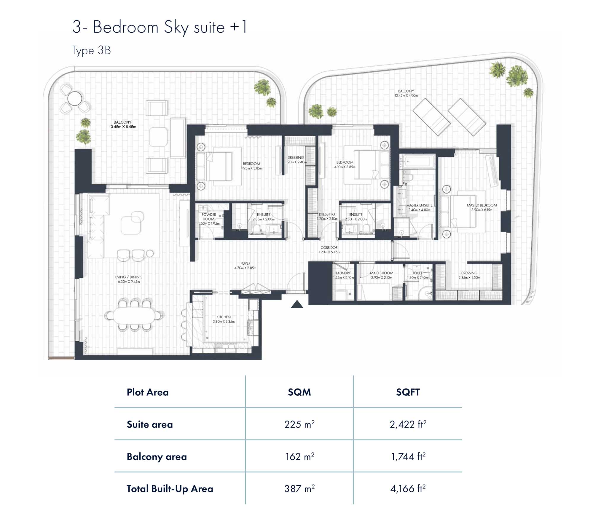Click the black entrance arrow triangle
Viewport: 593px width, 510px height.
[x=297, y=305]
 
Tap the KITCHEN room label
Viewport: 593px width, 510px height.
[x=224, y=317]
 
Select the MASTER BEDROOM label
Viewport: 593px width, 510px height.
[x=482, y=205]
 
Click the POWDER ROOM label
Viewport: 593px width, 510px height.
[x=209, y=217]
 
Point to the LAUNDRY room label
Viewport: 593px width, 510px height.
[x=343, y=273]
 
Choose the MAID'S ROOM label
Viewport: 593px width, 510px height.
[x=382, y=273]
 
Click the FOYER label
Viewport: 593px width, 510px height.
[x=246, y=263]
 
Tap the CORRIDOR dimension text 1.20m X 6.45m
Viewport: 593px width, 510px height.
[x=329, y=252]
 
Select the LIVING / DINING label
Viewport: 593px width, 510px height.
[x=129, y=277]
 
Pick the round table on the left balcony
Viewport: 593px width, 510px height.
[x=75, y=98]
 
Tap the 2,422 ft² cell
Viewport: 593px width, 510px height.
[x=408, y=424]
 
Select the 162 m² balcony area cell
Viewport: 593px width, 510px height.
[x=299, y=457]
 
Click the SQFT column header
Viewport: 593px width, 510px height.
[x=408, y=392]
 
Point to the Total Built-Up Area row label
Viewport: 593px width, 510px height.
[x=170, y=489]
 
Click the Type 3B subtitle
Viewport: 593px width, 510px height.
[x=91, y=51]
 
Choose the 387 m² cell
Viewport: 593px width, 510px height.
[x=299, y=489]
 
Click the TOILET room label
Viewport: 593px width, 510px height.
[x=417, y=273]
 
